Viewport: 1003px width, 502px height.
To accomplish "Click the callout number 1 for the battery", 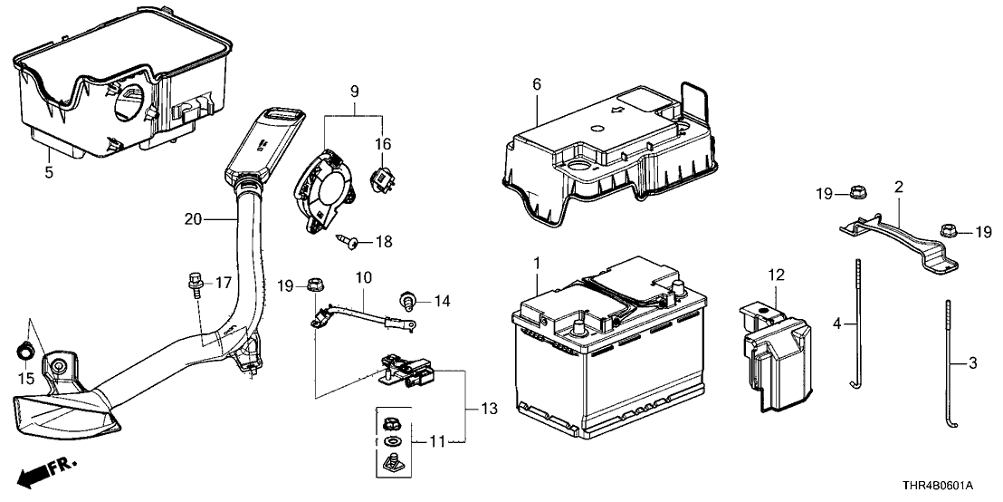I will point(537,263).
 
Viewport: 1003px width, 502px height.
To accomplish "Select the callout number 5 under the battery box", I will point(50,169).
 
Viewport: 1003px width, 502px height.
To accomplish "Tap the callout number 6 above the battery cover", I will point(537,84).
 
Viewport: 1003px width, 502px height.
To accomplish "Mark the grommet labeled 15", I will point(26,350).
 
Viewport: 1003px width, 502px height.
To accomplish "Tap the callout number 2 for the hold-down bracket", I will point(897,187).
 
